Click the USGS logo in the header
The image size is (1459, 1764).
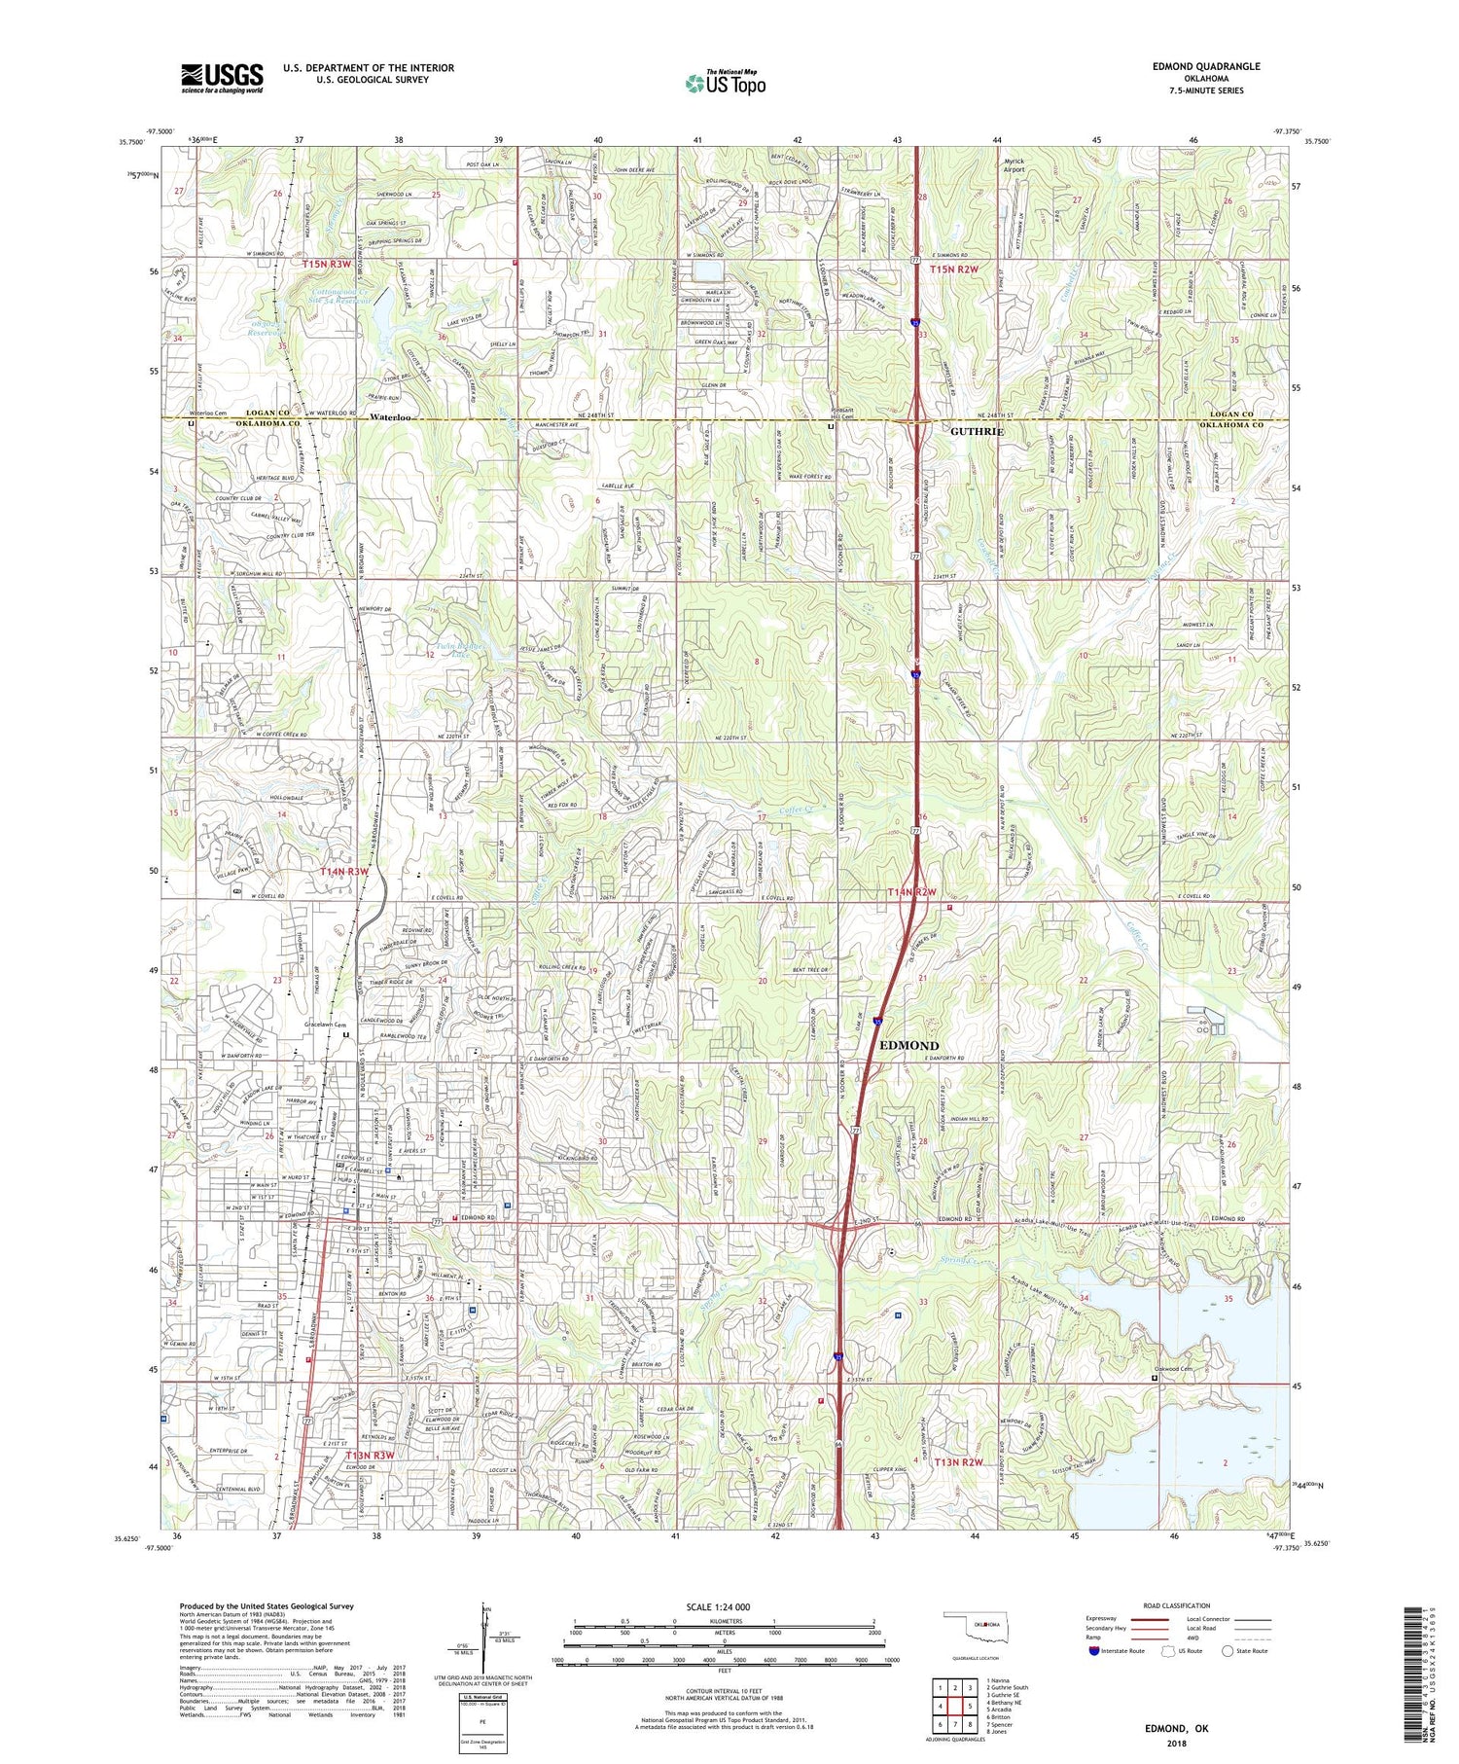point(222,78)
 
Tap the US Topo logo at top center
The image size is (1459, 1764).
point(725,84)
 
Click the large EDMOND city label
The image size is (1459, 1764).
point(908,1045)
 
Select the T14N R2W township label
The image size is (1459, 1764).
point(911,892)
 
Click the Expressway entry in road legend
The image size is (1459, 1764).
point(1105,1619)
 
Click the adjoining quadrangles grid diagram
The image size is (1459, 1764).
point(953,1698)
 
